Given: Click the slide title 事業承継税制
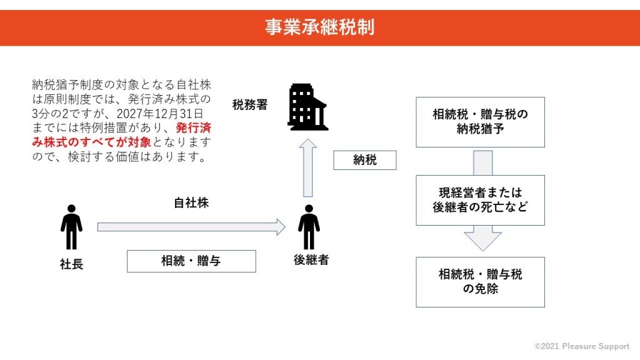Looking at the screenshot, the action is tap(319, 27).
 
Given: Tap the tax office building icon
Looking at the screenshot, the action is tap(307, 107).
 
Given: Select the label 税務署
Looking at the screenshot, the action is tap(250, 105).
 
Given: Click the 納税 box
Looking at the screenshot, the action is tap(365, 160).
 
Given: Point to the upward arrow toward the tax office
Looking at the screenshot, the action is tap(308, 167).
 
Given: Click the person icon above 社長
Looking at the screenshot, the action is tap(71, 227).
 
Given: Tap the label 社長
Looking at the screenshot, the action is tap(71, 264).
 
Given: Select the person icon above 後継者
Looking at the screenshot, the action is tap(309, 227).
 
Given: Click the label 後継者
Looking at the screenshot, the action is tap(311, 260).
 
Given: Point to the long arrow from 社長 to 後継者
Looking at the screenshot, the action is tap(191, 227).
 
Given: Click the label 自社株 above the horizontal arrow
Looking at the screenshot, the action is tap(191, 203).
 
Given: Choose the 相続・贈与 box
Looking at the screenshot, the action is tap(191, 261).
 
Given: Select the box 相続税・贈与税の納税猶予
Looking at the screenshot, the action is tap(481, 122).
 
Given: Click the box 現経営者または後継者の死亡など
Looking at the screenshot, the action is tap(481, 201).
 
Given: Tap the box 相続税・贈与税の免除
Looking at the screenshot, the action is tap(481, 282).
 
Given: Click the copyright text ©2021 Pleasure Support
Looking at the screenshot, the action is tap(582, 346).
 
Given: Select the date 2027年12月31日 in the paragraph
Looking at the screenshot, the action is tap(160, 114).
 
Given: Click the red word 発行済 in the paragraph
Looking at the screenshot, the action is tap(194, 127).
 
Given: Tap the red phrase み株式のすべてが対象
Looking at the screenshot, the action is tap(91, 142).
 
